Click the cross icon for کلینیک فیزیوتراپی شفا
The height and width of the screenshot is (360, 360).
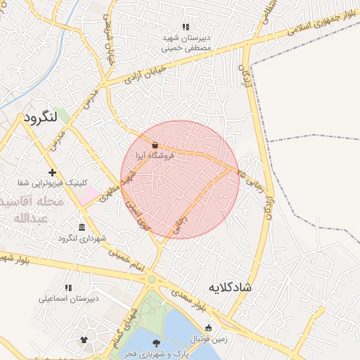click(52, 172)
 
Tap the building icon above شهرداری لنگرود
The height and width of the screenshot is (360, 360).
click(82, 227)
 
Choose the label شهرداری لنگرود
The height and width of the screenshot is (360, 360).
click(82, 238)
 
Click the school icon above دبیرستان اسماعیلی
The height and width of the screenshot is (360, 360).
click(68, 288)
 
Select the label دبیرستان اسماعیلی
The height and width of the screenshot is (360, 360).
click(68, 298)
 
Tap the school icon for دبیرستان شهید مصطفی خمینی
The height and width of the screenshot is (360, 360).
click(186, 27)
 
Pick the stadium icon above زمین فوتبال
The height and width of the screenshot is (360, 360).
click(208, 328)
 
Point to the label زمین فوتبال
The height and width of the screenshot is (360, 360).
click(208, 338)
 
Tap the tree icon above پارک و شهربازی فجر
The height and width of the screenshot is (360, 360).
click(156, 342)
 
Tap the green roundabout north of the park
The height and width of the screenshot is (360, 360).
click(151, 279)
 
